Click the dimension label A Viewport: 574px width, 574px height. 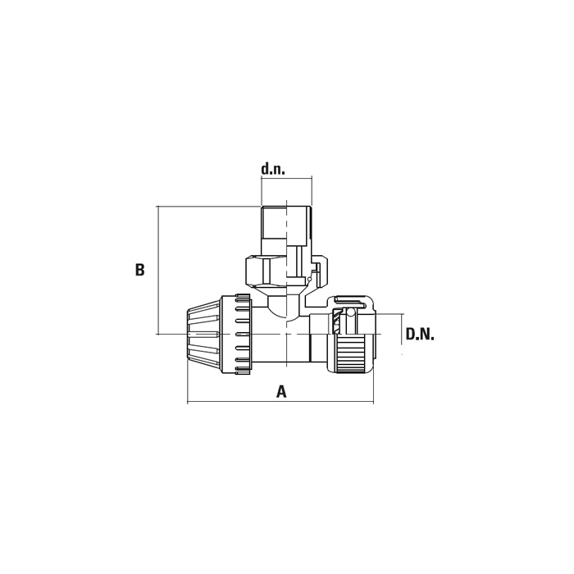pyautogui.click(x=281, y=392)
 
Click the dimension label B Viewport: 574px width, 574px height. pyautogui.click(x=140, y=270)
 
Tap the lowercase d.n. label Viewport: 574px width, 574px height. pyautogui.click(x=273, y=169)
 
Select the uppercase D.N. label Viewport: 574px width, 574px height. pyautogui.click(x=420, y=335)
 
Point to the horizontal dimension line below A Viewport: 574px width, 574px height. pyautogui.click(x=280, y=403)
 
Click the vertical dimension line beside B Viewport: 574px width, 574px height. pyautogui.click(x=157, y=270)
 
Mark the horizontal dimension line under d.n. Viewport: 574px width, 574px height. pyautogui.click(x=286, y=178)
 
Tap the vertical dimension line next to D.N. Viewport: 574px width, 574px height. pyautogui.click(x=402, y=329)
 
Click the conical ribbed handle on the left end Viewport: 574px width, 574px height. pyautogui.click(x=203, y=334)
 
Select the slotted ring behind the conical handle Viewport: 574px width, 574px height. pyautogui.click(x=236, y=334)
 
